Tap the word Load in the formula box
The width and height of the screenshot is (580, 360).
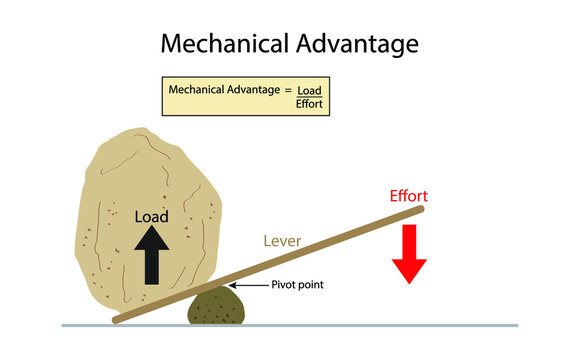pyautogui.click(x=310, y=90)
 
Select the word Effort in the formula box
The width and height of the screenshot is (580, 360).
pyautogui.click(x=310, y=103)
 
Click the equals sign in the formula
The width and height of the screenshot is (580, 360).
pyautogui.click(x=288, y=89)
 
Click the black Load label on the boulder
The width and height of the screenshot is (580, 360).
pyautogui.click(x=151, y=216)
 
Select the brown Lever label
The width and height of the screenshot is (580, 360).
pyautogui.click(x=283, y=241)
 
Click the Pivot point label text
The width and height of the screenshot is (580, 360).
pyautogui.click(x=299, y=285)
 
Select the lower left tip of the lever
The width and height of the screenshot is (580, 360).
pyautogui.click(x=117, y=320)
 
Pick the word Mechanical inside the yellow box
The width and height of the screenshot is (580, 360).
pyautogui.click(x=200, y=89)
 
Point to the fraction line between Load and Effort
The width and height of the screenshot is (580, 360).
pyautogui.click(x=310, y=97)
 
